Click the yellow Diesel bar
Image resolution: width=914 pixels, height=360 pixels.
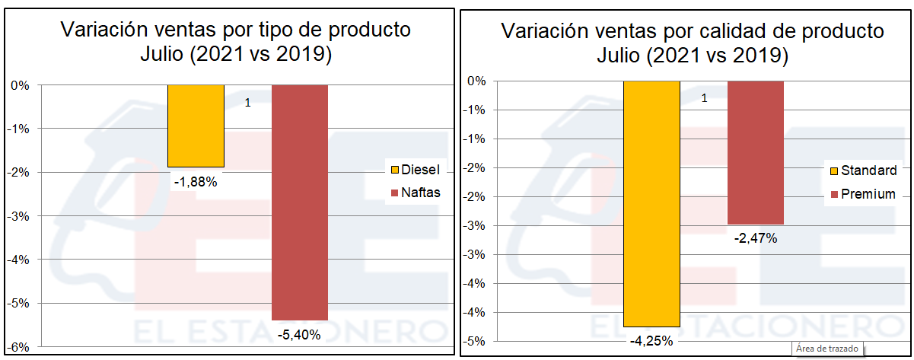[196, 126]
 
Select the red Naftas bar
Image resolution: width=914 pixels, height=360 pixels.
[300, 202]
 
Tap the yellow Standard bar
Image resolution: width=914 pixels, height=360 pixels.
[651, 203]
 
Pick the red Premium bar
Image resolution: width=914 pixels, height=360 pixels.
[755, 152]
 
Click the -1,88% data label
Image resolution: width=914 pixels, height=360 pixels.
[196, 182]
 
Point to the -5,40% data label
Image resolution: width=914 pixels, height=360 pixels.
[299, 334]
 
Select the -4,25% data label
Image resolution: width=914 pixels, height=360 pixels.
[651, 340]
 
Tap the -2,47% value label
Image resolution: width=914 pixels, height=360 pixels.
[755, 238]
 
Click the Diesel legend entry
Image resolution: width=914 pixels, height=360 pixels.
[415, 169]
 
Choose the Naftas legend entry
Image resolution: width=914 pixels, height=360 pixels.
[415, 193]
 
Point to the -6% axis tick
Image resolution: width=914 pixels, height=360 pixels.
[19, 347]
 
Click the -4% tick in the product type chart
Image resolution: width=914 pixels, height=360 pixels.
[19, 260]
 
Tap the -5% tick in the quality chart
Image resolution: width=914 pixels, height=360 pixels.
[476, 341]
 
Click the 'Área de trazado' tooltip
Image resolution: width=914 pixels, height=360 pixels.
[826, 349]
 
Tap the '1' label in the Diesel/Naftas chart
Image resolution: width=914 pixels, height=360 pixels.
[248, 102]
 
